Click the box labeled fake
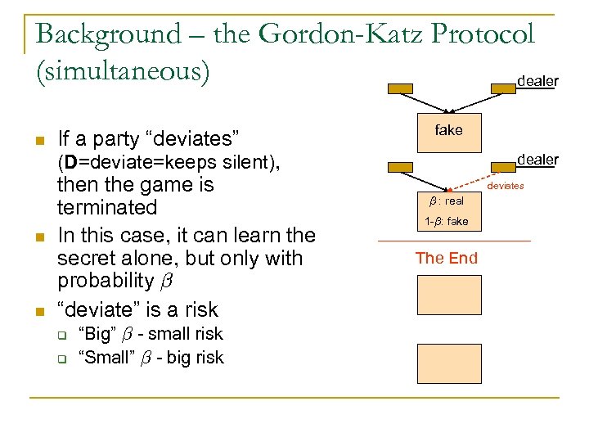pyautogui.click(x=448, y=132)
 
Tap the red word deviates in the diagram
pyautogui.click(x=506, y=187)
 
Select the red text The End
pyautogui.click(x=446, y=259)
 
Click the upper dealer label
pyautogui.click(x=537, y=81)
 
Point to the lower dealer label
pyautogui.click(x=537, y=160)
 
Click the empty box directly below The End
pyautogui.click(x=448, y=295)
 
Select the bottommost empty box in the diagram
pyautogui.click(x=448, y=363)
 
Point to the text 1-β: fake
pyautogui.click(x=447, y=221)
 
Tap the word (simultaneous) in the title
pyautogui.click(x=123, y=70)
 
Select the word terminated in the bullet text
pyautogui.click(x=106, y=207)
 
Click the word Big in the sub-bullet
pyautogui.click(x=97, y=334)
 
